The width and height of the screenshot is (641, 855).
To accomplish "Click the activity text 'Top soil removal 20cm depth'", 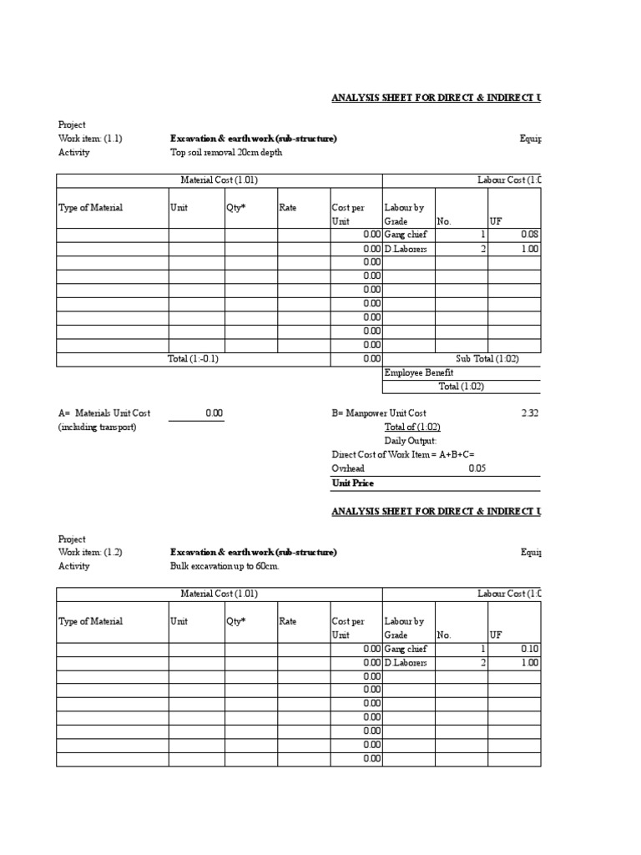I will click(x=225, y=153).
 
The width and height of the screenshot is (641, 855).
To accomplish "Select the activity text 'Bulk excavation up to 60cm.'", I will click(x=225, y=566).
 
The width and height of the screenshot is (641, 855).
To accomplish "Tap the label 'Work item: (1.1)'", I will click(x=90, y=139).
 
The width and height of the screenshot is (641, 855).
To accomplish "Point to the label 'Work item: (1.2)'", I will click(x=90, y=553).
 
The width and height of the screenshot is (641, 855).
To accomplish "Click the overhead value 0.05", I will click(x=477, y=468).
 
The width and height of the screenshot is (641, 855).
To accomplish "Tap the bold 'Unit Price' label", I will click(x=352, y=483).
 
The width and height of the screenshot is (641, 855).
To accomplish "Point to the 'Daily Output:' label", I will click(x=410, y=441).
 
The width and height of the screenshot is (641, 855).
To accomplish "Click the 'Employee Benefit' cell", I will click(x=419, y=373).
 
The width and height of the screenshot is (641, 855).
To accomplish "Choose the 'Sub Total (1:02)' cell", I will click(x=487, y=359).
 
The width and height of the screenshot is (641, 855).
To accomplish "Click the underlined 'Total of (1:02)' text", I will click(x=412, y=427).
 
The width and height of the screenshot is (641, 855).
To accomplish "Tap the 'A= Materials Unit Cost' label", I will click(x=104, y=413).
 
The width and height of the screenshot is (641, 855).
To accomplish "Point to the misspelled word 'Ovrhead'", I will click(x=348, y=468).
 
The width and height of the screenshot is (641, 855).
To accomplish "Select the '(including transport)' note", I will click(x=97, y=427).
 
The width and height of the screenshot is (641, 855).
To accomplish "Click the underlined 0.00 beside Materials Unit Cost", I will click(x=214, y=413).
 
